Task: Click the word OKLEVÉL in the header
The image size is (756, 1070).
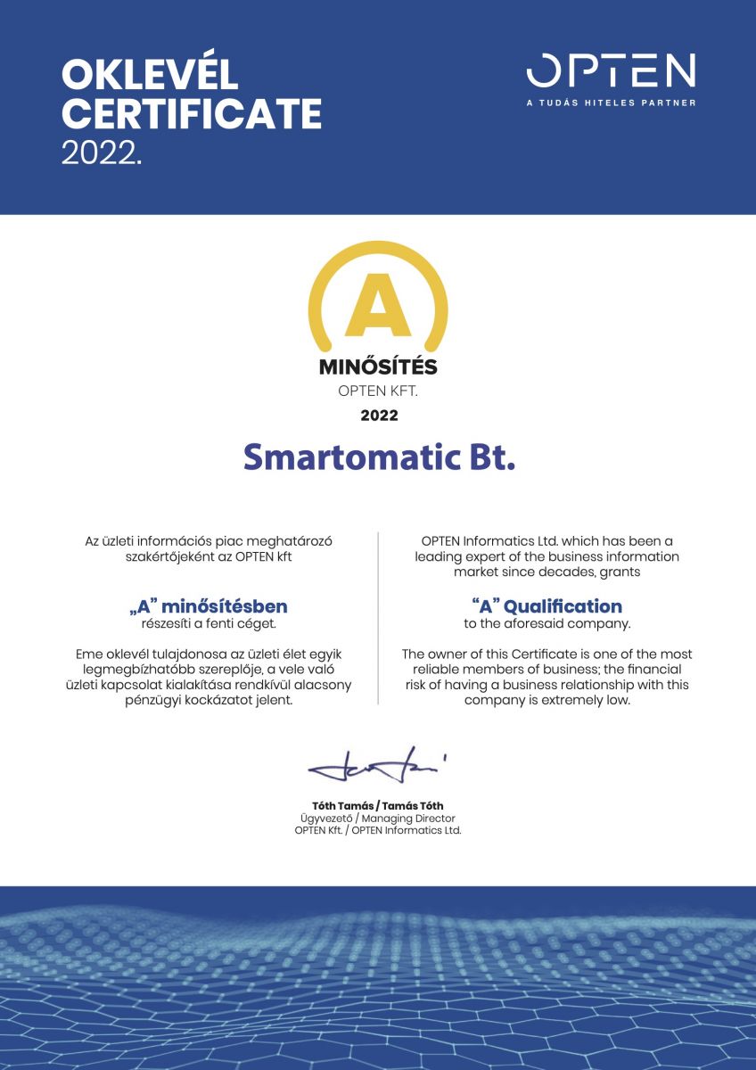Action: click(x=150, y=76)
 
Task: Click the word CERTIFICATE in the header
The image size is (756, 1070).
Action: click(x=192, y=114)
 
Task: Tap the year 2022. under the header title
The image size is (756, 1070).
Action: click(x=101, y=152)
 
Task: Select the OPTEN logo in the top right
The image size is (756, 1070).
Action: click(x=611, y=71)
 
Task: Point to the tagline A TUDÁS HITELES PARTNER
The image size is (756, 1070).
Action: click(x=611, y=103)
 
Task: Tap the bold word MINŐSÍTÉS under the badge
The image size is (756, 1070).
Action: click(x=378, y=366)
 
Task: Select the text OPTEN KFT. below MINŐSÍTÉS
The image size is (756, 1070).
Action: click(x=378, y=390)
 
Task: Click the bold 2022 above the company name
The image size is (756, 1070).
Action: click(x=379, y=415)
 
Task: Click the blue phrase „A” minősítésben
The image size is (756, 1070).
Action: click(x=209, y=607)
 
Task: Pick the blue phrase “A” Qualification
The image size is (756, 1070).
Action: click(x=546, y=607)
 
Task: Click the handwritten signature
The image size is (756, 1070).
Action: click(x=377, y=768)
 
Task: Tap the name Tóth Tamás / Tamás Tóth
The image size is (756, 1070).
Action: click(x=377, y=806)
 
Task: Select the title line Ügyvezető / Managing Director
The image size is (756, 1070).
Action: click(x=377, y=818)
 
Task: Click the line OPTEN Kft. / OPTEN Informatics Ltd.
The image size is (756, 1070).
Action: click(x=377, y=830)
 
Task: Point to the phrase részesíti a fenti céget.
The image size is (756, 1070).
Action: click(x=209, y=623)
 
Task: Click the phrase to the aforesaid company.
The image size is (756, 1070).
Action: click(x=546, y=623)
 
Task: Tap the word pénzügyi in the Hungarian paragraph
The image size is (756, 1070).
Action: click(x=155, y=700)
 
